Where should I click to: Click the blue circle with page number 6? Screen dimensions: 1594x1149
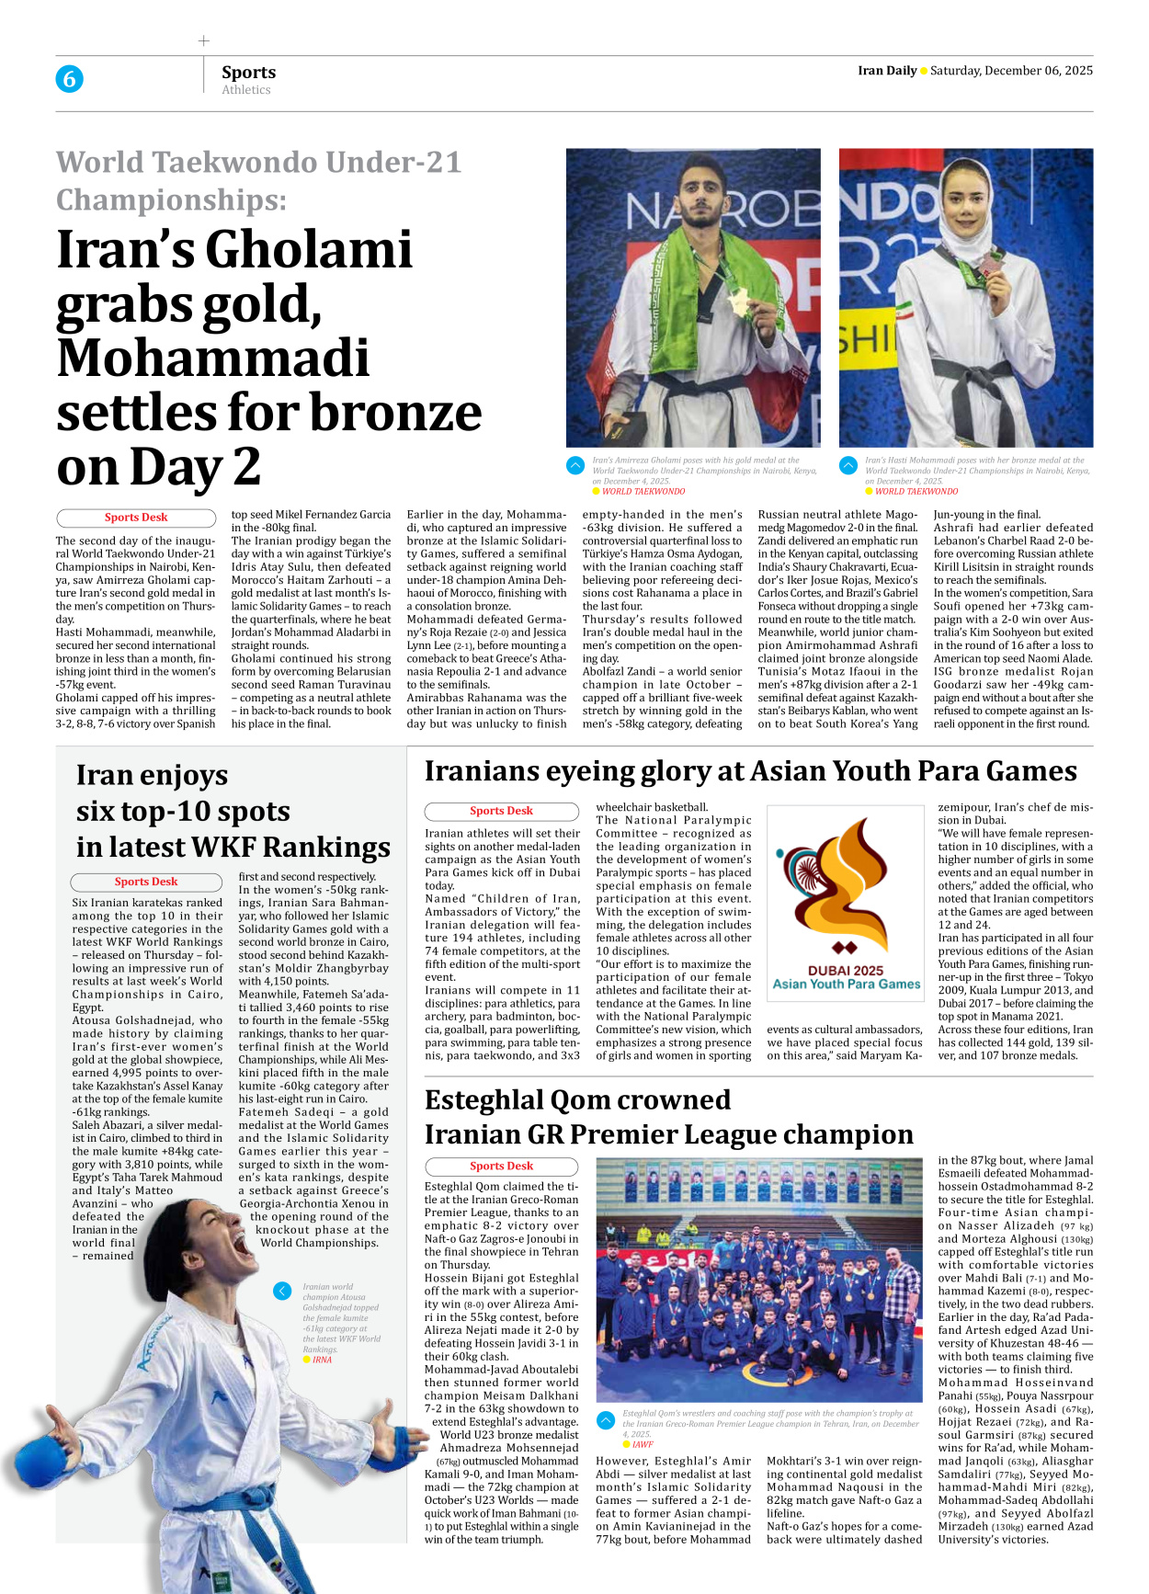point(69,79)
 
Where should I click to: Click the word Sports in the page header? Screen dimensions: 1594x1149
point(248,72)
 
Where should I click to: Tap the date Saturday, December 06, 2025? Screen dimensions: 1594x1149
point(1011,71)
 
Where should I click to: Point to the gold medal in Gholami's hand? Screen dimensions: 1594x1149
point(736,303)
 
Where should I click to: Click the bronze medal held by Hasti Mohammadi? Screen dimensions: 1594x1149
point(989,268)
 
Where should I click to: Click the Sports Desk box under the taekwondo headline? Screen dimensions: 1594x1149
point(136,518)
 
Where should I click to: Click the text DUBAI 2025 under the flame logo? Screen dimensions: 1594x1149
point(845,970)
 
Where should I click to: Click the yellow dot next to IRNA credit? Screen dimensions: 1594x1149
point(307,1360)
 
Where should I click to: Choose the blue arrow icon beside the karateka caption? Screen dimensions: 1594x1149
point(282,1292)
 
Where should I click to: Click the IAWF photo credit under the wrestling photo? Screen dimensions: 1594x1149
point(643,1444)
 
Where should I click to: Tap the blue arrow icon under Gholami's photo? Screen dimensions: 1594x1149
point(575,465)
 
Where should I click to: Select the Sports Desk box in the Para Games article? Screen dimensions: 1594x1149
point(501,811)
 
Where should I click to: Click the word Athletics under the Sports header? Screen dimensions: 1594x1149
point(245,90)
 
